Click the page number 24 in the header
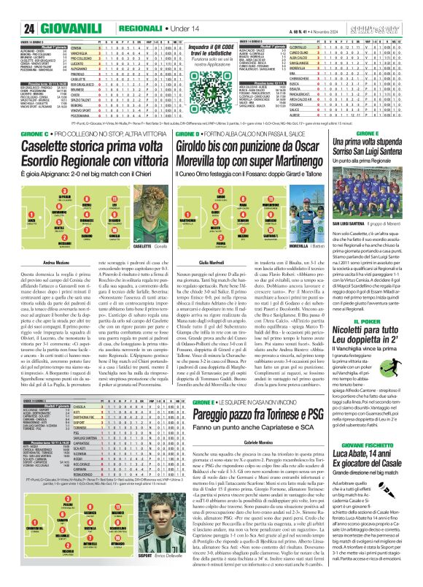click(10, 9)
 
